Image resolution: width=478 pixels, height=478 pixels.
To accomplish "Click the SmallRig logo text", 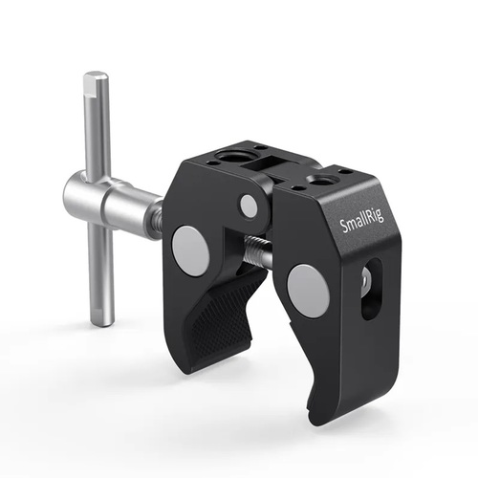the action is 361,220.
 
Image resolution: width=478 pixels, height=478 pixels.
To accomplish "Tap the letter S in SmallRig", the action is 344,226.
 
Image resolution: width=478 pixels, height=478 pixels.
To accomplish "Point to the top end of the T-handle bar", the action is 96,74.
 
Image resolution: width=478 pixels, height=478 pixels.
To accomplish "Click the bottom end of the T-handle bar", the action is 102,322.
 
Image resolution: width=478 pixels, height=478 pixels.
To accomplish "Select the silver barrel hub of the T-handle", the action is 105,200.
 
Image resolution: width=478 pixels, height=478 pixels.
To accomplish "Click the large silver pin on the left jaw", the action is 190,251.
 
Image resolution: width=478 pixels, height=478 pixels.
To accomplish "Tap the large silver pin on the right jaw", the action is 308,291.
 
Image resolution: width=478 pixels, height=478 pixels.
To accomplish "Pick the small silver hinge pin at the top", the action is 249,206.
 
